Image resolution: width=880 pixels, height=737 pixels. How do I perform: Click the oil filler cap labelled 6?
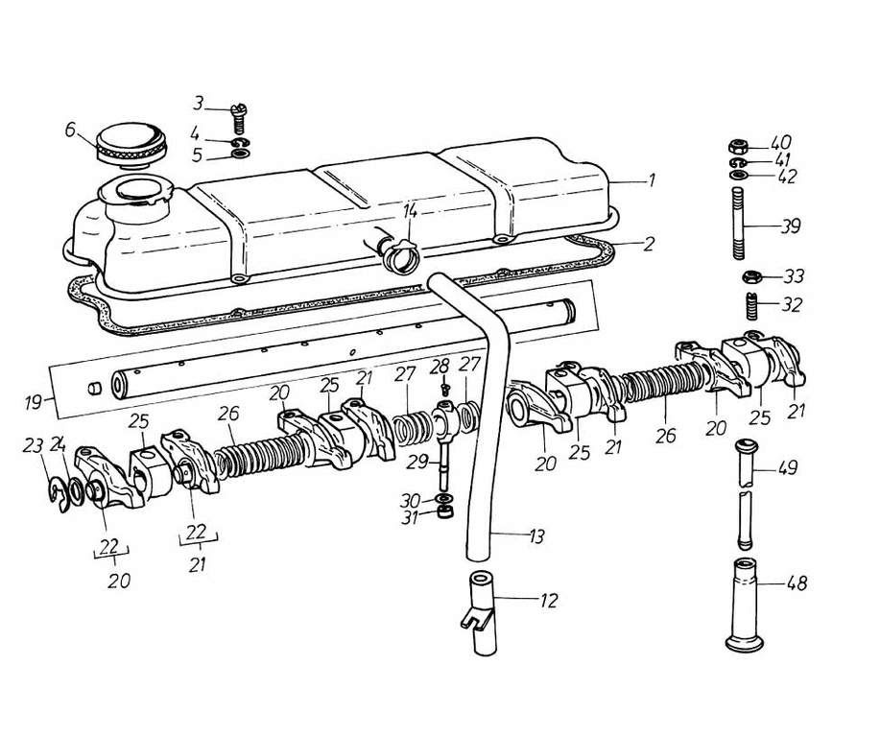tap(131, 147)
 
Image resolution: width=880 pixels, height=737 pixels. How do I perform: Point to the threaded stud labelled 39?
tap(739, 224)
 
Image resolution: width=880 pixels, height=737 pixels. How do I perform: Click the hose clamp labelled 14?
tap(399, 256)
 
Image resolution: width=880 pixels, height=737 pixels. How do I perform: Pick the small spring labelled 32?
tap(752, 307)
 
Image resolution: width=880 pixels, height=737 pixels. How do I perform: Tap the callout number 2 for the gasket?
tap(649, 244)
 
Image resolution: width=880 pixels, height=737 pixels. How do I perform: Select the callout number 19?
tap(35, 402)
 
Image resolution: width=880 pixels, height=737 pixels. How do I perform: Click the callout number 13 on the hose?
tap(536, 536)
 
